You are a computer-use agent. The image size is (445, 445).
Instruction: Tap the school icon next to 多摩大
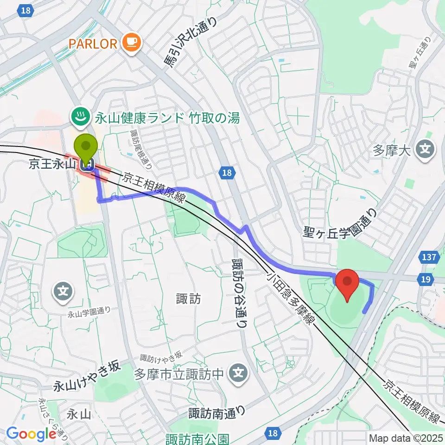[x=425, y=149]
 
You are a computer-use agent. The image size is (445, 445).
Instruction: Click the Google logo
[x=31, y=434]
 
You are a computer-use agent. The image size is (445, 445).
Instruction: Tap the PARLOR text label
[x=93, y=44]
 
